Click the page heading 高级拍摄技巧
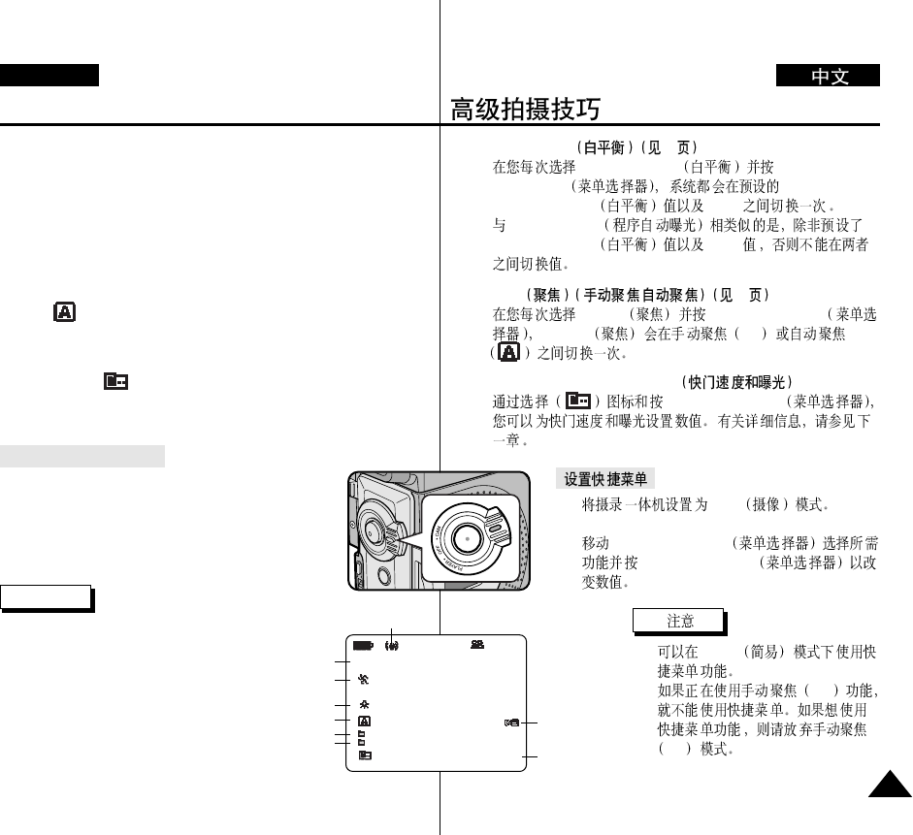click(x=525, y=109)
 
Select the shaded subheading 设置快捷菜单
click(x=605, y=479)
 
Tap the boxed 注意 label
click(x=678, y=620)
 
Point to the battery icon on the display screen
click(x=363, y=645)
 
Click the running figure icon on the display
click(x=364, y=680)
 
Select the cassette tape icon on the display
click(x=477, y=645)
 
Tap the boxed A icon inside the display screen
click(x=364, y=722)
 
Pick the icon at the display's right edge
click(x=511, y=723)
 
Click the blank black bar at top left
click(x=49, y=76)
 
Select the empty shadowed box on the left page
click(x=47, y=596)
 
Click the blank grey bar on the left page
click(x=82, y=456)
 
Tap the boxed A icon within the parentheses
click(x=507, y=353)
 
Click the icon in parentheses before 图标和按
click(x=578, y=401)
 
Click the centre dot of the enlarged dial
click(x=468, y=537)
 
